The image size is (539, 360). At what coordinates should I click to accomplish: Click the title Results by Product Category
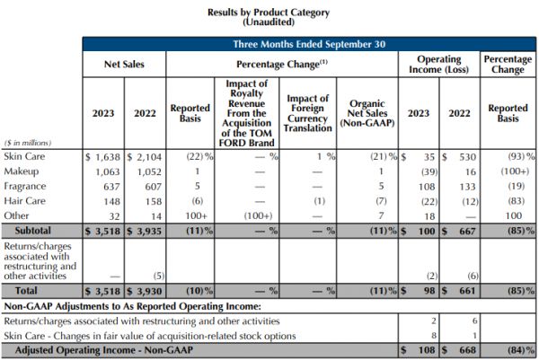click(269, 13)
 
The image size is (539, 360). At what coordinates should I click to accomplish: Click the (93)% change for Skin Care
click(509, 156)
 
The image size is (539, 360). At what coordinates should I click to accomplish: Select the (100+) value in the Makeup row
click(509, 171)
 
